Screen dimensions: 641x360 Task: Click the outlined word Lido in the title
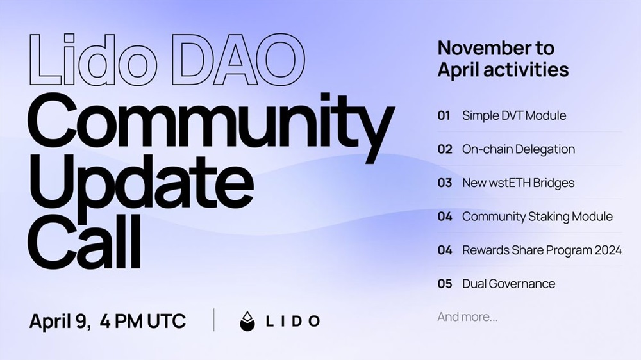93,60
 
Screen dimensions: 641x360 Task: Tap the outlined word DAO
238,60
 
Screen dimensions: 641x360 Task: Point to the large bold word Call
84,241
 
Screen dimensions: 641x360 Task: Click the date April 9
60,321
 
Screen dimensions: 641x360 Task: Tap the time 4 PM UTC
143,321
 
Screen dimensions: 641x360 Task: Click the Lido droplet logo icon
247,321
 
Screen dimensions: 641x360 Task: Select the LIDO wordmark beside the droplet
293,321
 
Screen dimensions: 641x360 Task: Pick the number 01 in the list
444,116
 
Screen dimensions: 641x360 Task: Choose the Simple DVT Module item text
514,116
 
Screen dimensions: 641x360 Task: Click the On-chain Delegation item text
519,149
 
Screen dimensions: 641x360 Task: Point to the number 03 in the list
445,183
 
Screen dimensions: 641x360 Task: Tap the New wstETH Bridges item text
519,183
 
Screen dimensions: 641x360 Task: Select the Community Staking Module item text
538,216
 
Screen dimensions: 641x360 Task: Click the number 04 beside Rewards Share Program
445,250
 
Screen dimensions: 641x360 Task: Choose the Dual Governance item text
508,284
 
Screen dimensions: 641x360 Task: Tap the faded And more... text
468,316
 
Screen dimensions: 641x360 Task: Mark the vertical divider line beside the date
214,320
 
